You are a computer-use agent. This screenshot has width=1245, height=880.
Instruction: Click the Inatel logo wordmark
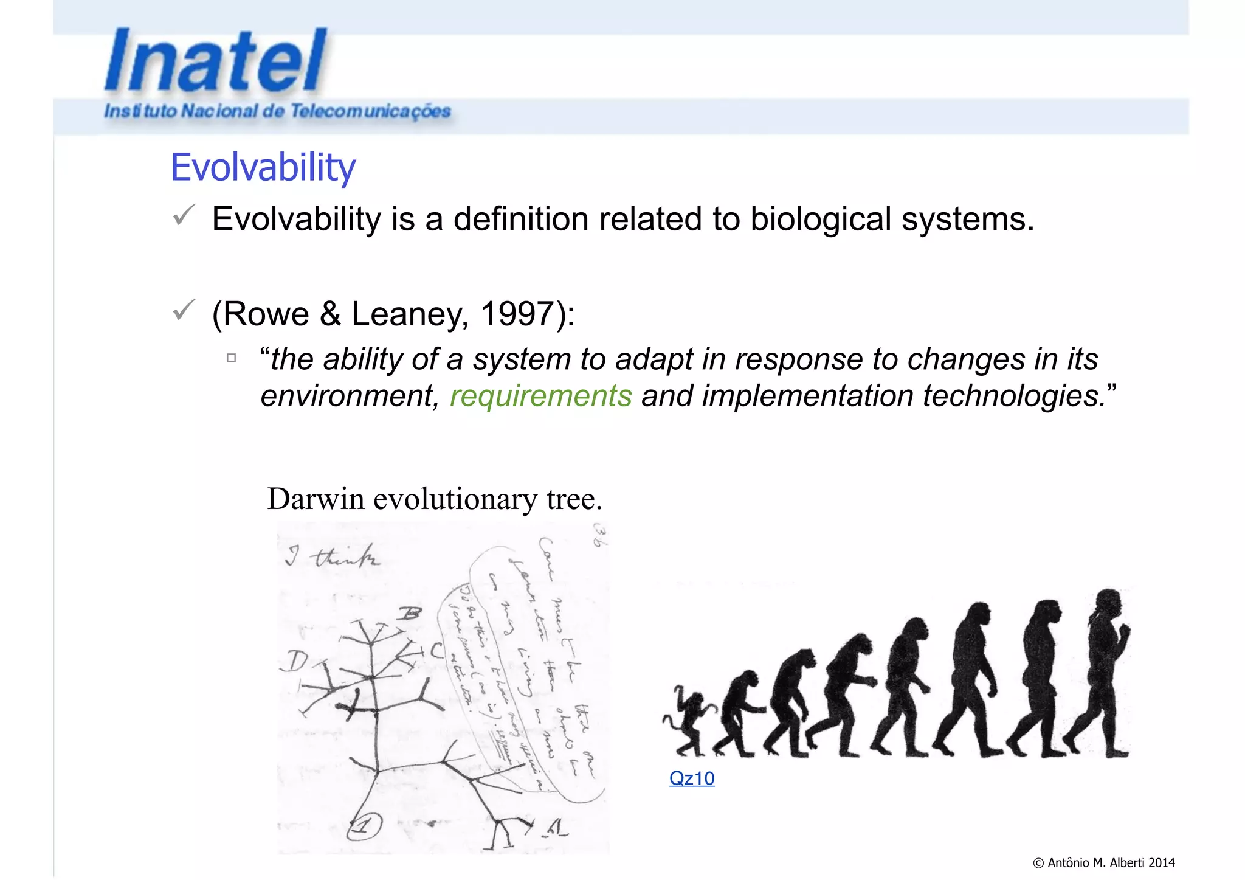point(216,61)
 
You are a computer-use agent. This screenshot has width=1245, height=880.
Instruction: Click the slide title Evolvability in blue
point(263,167)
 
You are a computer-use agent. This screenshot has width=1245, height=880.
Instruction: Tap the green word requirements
point(540,396)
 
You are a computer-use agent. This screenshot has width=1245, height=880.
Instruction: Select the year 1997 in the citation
point(516,314)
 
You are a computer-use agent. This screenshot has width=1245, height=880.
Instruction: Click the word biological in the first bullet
point(820,219)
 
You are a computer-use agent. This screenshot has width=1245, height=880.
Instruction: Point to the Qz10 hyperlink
point(692,778)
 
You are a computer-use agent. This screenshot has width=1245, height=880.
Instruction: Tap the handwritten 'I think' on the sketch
point(333,557)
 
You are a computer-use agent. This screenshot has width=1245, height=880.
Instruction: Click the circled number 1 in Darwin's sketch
point(364,825)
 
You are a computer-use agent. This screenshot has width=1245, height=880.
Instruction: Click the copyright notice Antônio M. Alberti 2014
point(1103,862)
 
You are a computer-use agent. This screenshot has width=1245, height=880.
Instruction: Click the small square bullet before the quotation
point(231,358)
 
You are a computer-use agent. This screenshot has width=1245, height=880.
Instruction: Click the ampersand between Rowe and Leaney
point(330,314)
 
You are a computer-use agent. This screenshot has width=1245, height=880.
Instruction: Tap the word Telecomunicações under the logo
point(370,112)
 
